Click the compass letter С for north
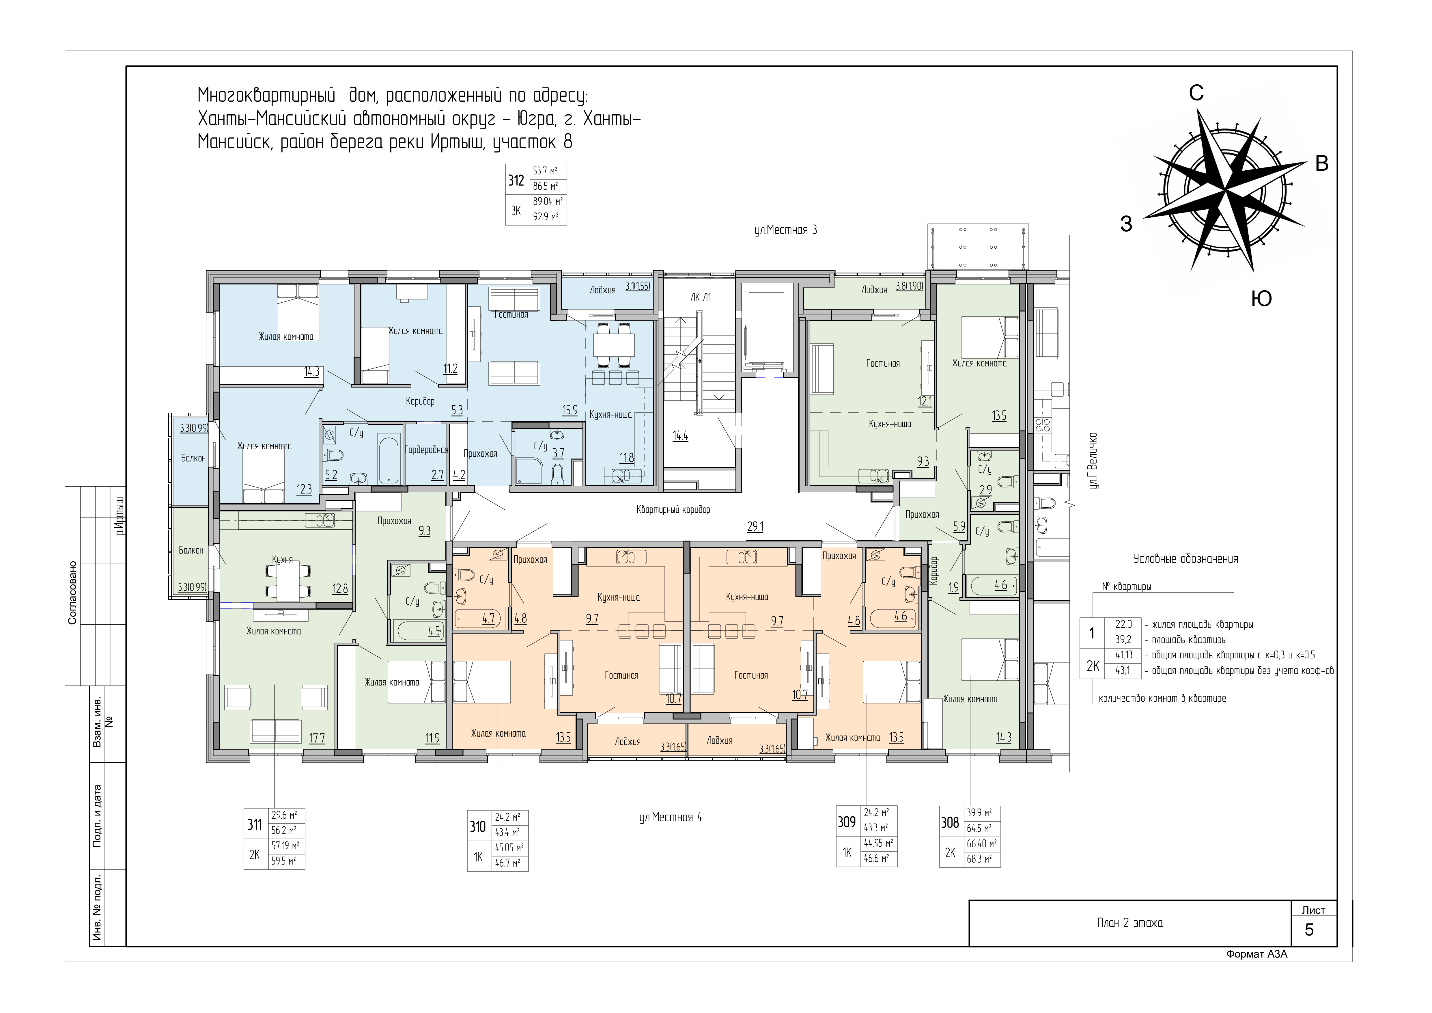[1196, 93]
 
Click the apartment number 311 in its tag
[255, 825]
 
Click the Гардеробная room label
[427, 450]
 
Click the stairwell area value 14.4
[680, 436]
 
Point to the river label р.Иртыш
[120, 515]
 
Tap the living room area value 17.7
[318, 739]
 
